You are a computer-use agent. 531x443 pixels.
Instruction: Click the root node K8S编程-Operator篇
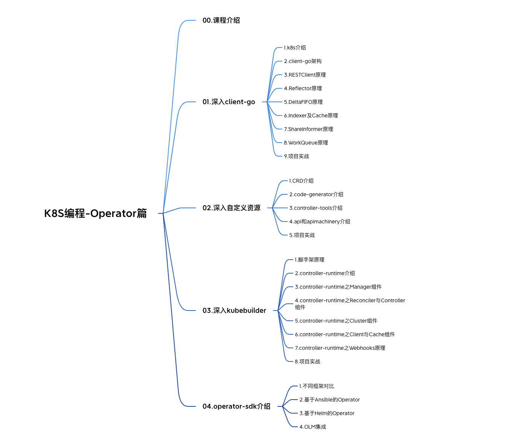coord(95,214)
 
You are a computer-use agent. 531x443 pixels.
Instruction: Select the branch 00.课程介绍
coord(221,20)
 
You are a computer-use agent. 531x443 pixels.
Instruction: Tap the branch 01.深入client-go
coord(229,102)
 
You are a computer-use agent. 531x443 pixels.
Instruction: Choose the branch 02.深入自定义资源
coord(231,208)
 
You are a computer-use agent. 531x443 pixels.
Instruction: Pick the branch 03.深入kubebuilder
coord(234,311)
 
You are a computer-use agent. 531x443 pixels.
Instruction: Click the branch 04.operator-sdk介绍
coord(236,406)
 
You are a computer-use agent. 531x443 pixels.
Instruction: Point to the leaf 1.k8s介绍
coord(295,48)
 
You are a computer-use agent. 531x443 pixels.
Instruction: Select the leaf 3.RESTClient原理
coord(305,75)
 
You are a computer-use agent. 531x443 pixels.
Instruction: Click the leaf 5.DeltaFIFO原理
coord(303,102)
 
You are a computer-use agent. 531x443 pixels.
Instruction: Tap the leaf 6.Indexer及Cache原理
coord(311,115)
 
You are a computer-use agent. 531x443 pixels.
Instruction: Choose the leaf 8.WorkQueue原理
coord(306,143)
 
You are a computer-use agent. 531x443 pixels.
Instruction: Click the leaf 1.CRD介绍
coord(301,181)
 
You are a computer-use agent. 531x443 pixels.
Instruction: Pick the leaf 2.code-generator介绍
coord(316,194)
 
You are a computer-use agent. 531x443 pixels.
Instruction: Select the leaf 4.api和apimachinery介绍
coord(319,221)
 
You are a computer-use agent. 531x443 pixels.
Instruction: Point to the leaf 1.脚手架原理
coord(310,260)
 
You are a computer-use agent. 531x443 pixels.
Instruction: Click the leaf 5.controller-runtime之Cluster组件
coord(336,321)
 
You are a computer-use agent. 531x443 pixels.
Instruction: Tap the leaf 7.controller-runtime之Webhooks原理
coord(340,348)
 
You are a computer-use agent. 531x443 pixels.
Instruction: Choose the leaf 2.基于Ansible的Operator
coord(330,400)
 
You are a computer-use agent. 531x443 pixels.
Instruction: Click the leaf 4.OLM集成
coord(313,427)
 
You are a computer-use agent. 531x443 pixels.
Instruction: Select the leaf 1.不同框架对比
coord(317,386)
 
